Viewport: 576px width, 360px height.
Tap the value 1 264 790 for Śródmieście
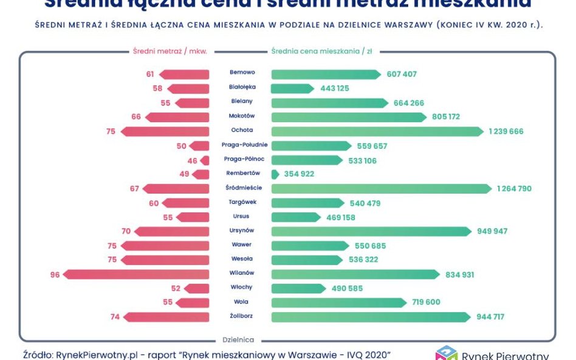coord(514,189)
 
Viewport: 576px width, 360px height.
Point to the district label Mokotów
coord(242,116)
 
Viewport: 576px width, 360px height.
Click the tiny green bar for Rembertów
coord(275,174)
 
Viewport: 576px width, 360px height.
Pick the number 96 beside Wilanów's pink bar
coord(55,274)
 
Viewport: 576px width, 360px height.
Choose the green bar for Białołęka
coord(292,89)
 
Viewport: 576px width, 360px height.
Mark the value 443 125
coord(335,89)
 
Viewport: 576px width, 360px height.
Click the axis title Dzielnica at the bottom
coord(238,340)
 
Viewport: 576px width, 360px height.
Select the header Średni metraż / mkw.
coord(170,52)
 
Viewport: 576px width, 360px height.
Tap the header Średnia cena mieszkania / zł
coord(321,52)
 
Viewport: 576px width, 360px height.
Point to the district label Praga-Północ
coord(244,159)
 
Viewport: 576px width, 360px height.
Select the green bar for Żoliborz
coord(371,317)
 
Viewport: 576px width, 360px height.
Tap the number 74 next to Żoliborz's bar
coord(115,317)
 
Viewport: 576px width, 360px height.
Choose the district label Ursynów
coord(242,231)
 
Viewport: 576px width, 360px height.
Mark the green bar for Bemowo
coord(326,74)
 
